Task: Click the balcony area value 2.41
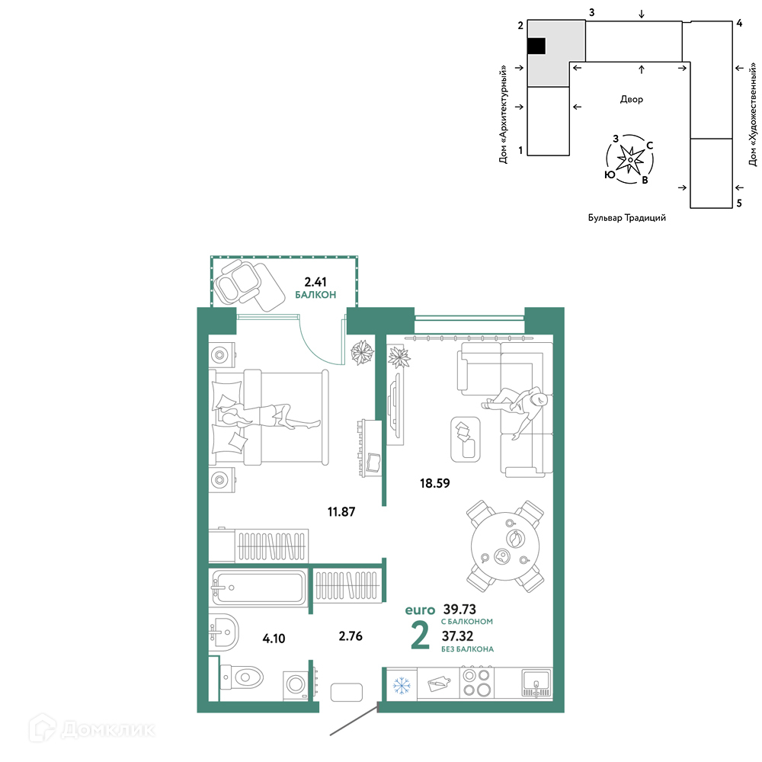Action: pyautogui.click(x=315, y=282)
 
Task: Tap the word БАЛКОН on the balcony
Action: pyautogui.click(x=315, y=295)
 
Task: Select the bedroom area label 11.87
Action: pyautogui.click(x=341, y=512)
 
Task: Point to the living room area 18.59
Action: pyautogui.click(x=435, y=483)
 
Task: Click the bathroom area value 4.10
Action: pyautogui.click(x=274, y=639)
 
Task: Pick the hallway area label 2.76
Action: pyautogui.click(x=351, y=636)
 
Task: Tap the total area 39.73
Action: pyautogui.click(x=459, y=609)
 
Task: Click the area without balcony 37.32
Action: pyautogui.click(x=457, y=636)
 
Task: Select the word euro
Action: pyautogui.click(x=420, y=610)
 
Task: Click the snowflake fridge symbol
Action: pyautogui.click(x=402, y=686)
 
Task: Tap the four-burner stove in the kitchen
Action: pyautogui.click(x=477, y=683)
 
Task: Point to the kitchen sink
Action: pyautogui.click(x=536, y=683)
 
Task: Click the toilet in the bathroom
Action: pyautogui.click(x=242, y=677)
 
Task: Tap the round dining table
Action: pyautogui.click(x=505, y=546)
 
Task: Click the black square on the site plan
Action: pyautogui.click(x=536, y=46)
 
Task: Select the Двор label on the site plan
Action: pyautogui.click(x=631, y=100)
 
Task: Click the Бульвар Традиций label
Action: pyautogui.click(x=627, y=218)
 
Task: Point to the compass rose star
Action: pyautogui.click(x=630, y=159)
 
